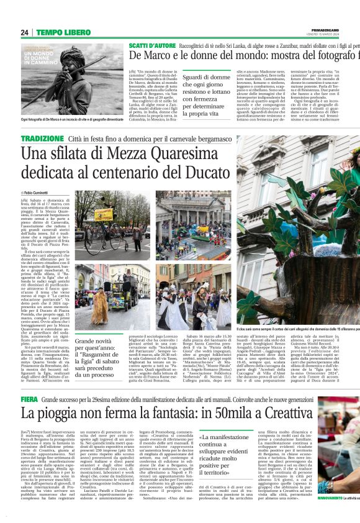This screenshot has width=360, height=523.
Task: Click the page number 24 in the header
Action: coord(25,32)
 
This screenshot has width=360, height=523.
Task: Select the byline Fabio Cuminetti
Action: coord(38,194)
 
